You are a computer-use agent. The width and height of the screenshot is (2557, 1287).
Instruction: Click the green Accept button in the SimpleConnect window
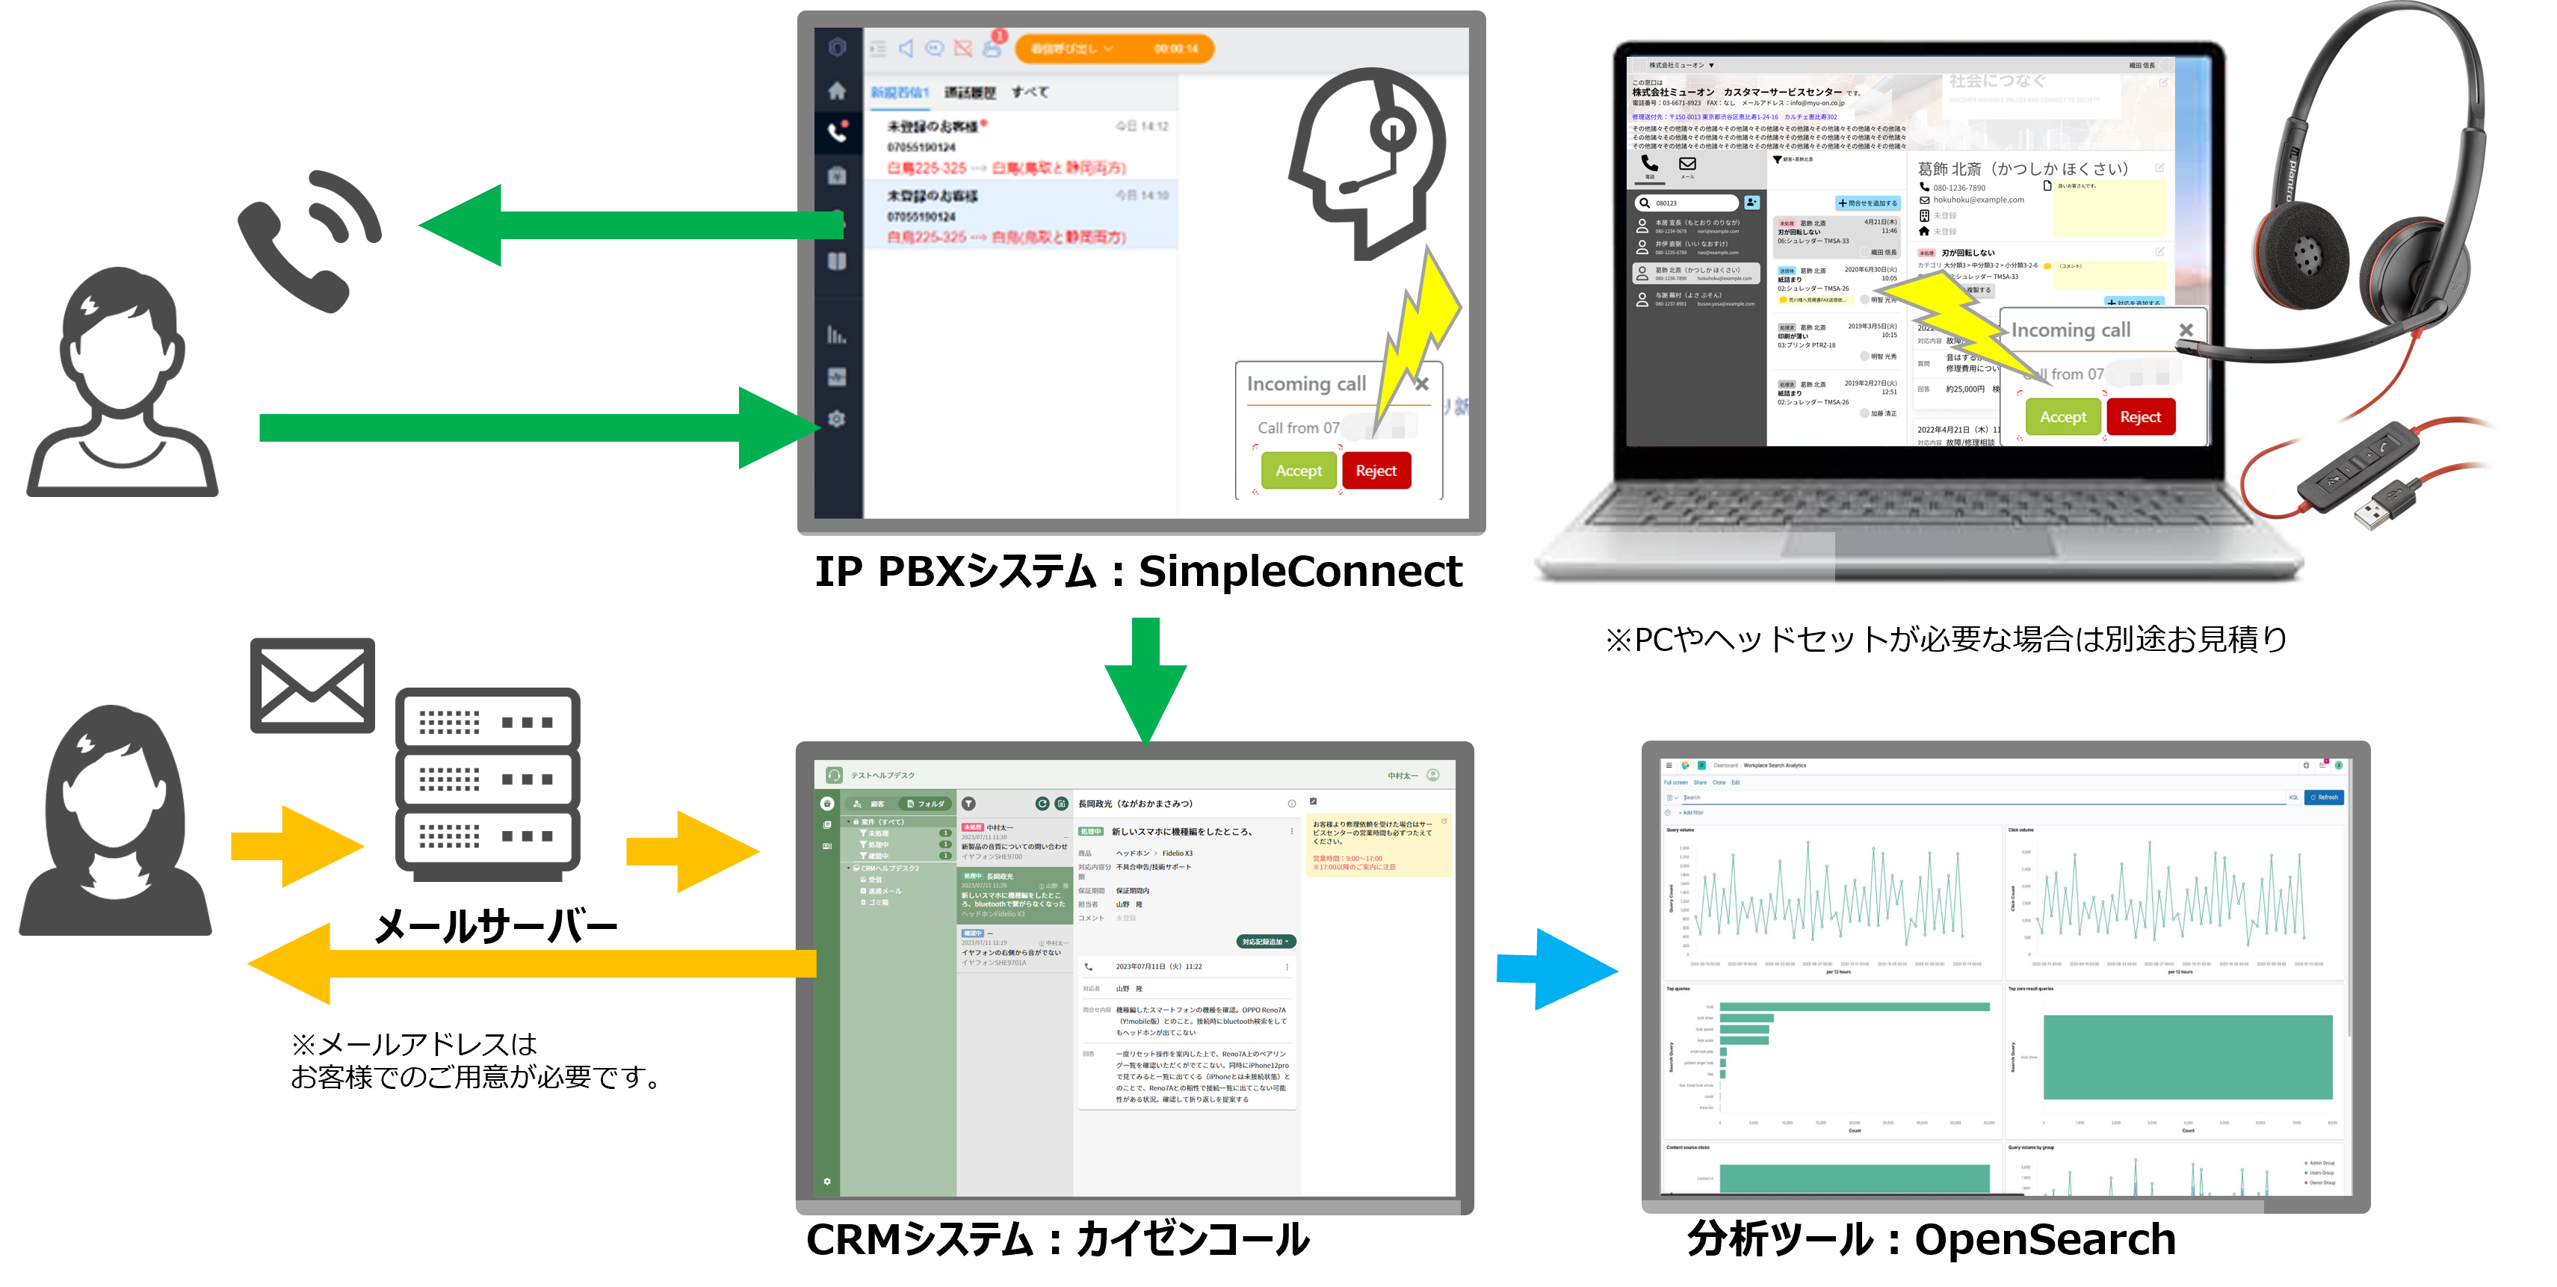(x=1299, y=471)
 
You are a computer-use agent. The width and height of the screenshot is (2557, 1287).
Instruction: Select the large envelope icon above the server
(x=312, y=686)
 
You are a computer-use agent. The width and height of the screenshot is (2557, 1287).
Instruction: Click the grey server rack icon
(x=487, y=785)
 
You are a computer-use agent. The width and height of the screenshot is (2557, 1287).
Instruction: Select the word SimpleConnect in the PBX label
(x=1299, y=571)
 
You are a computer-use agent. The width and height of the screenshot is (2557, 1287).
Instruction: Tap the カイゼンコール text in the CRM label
(x=1191, y=1239)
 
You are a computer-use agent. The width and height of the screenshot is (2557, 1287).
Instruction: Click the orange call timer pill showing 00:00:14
(x=1113, y=49)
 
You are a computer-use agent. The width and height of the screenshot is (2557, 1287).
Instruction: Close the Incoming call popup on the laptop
(x=2185, y=330)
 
